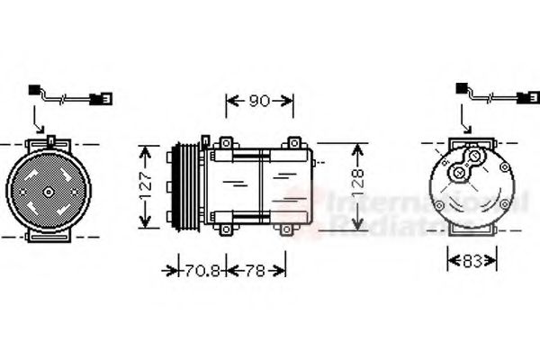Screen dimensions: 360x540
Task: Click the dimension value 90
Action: point(258,102)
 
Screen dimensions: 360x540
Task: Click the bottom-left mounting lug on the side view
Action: point(220,229)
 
